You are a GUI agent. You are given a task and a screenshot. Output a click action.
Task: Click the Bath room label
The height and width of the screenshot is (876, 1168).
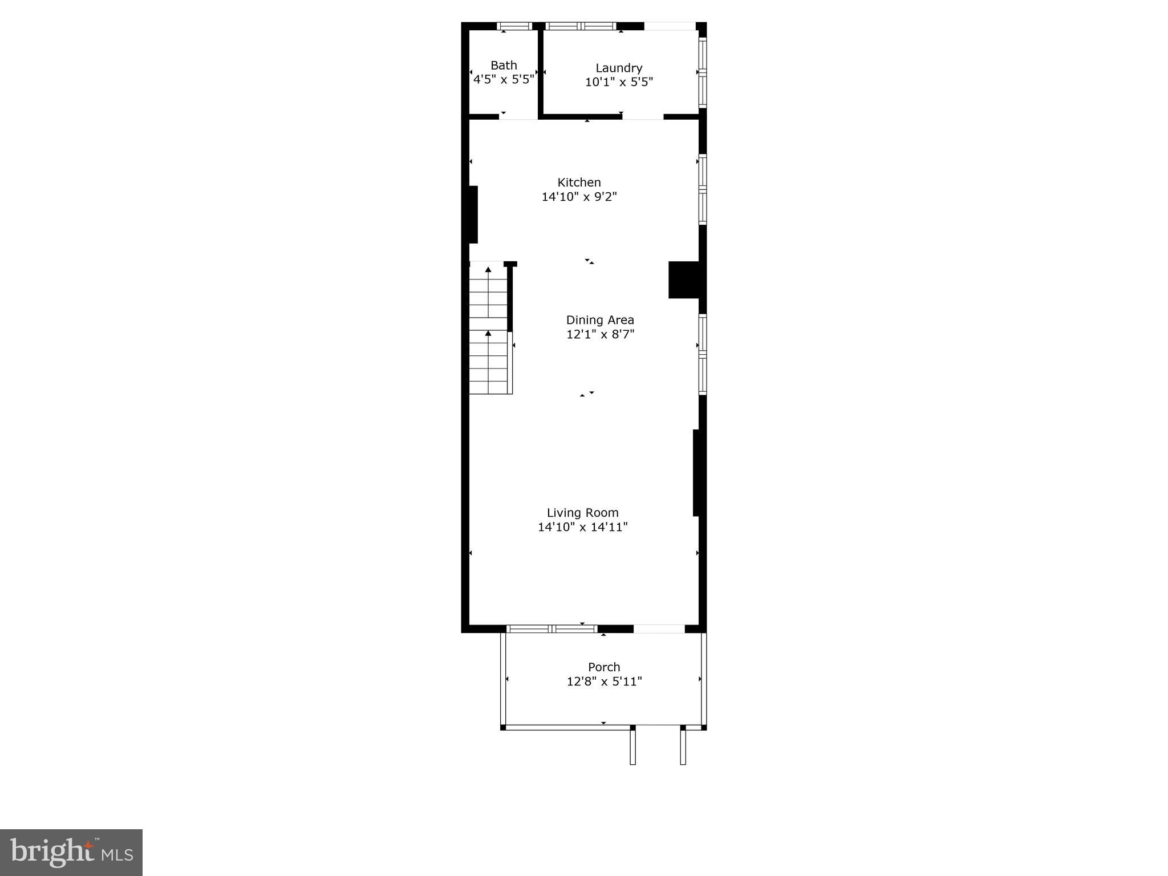pos(504,66)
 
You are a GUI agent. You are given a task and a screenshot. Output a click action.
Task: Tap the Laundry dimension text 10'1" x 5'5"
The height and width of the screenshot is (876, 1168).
pos(619,82)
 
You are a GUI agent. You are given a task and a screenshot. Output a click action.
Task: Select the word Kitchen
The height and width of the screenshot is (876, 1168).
pos(579,182)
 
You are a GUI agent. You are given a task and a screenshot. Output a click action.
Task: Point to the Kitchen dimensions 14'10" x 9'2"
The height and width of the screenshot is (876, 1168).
pos(579,197)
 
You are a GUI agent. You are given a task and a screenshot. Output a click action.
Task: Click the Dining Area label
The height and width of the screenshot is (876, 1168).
pos(600,320)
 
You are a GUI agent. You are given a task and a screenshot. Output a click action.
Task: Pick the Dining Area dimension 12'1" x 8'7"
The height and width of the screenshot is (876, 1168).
pos(600,335)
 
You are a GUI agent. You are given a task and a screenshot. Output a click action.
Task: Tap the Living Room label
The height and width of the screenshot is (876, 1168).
pos(582,513)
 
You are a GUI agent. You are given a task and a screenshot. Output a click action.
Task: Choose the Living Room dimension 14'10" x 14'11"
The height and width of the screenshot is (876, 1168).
pos(582,528)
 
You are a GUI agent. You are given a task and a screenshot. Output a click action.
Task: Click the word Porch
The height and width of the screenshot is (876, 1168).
pos(604,667)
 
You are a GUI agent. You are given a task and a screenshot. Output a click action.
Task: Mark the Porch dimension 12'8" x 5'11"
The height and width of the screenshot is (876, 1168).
pos(604,682)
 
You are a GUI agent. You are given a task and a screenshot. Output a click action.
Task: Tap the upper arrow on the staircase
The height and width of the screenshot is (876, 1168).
pos(488,269)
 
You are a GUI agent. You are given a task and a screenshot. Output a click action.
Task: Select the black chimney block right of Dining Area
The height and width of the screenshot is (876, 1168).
pos(684,279)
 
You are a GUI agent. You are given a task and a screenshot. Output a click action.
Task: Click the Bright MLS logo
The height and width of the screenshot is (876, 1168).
pos(71,852)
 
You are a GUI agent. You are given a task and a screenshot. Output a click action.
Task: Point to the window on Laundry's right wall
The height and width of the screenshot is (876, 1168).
pos(703,72)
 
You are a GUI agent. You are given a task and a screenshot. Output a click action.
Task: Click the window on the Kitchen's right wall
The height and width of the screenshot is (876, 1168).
pos(703,189)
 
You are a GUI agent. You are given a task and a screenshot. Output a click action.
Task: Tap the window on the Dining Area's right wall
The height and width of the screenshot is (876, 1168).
pos(703,354)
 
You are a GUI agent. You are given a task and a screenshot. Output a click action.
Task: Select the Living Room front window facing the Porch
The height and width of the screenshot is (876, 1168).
pos(551,629)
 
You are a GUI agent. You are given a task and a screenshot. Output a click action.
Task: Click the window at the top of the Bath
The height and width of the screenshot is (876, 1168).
pos(514,26)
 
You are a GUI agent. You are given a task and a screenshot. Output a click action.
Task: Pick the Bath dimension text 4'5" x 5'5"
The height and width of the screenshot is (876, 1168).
pos(504,80)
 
